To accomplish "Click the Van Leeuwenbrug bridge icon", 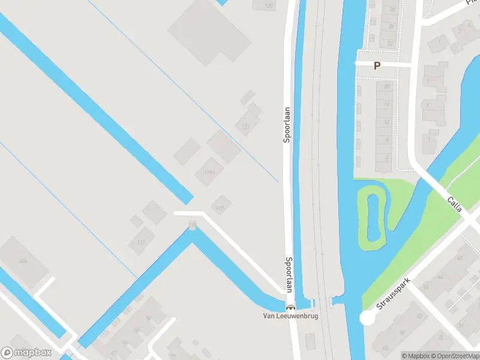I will point(290,308).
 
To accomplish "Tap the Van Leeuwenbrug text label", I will point(290,316).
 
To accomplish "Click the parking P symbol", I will point(377,66).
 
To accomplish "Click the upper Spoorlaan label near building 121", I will point(287,125).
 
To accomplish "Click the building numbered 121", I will point(246,127).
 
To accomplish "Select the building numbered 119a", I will point(209,173).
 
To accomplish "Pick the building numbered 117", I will point(141,242).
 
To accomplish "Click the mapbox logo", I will point(26,353).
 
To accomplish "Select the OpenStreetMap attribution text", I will point(456,356).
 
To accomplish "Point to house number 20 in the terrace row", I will point(387,86).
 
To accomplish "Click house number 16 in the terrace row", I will point(387,104).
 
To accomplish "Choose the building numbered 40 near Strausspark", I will point(460,257).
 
